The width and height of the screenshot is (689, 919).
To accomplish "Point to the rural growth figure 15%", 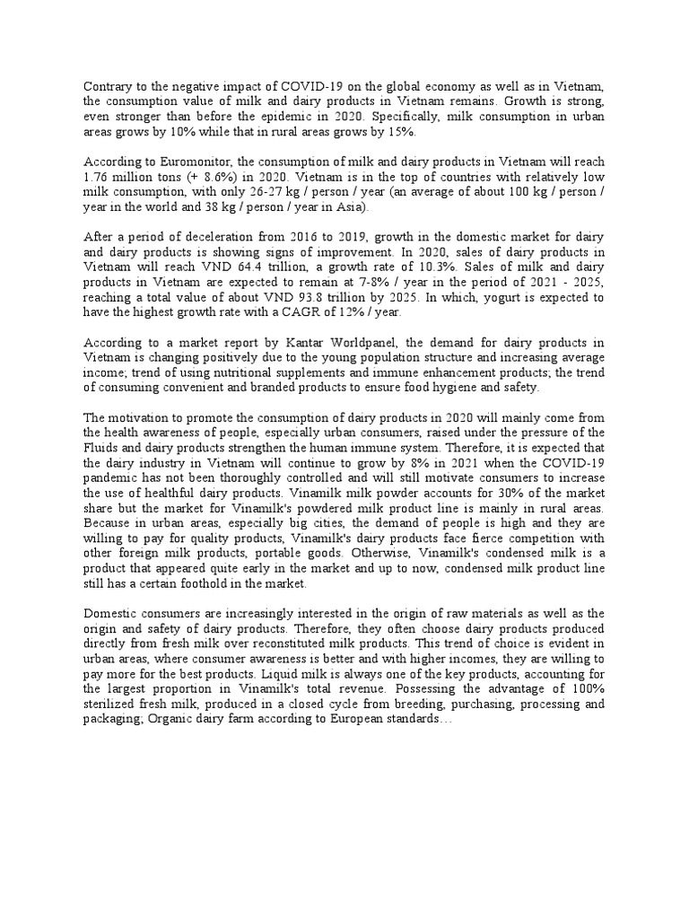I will (347, 132).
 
